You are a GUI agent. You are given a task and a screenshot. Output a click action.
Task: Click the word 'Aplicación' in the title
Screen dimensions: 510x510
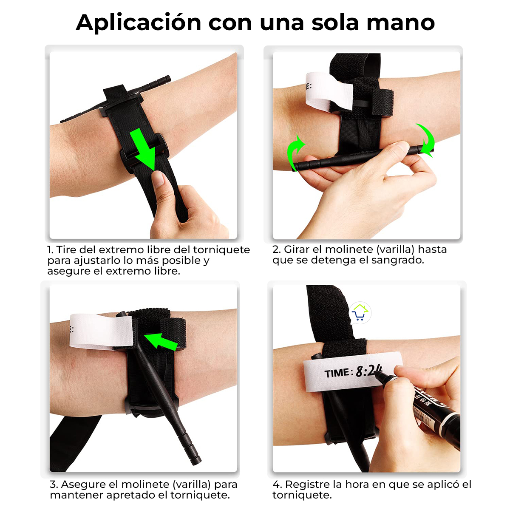138,23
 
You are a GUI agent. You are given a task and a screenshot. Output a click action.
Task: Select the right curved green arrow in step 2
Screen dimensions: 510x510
426,140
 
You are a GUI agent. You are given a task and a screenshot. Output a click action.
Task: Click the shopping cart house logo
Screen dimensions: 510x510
360,313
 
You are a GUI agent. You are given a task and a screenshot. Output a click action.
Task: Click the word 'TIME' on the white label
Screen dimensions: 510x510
337,374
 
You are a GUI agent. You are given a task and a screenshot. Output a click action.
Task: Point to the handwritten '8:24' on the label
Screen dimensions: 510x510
368,371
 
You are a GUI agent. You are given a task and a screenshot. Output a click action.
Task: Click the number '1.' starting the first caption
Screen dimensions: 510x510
51,250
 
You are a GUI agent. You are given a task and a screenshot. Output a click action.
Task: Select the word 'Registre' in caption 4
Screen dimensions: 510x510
306,484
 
